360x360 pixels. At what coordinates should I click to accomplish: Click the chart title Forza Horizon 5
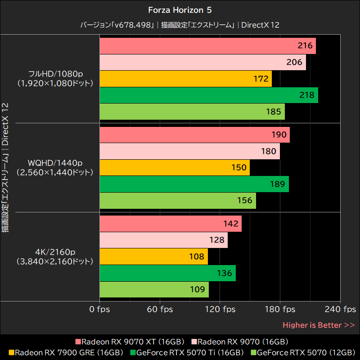click(x=180, y=9)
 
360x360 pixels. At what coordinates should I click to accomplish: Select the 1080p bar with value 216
click(x=207, y=46)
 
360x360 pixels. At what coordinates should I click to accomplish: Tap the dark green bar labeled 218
click(x=208, y=95)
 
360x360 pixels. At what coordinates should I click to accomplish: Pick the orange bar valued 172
click(x=185, y=79)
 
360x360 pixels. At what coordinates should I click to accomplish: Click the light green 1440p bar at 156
click(x=177, y=201)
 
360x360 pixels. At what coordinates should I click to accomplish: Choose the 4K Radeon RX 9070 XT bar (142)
click(x=170, y=224)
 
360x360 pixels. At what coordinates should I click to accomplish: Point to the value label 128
click(x=217, y=240)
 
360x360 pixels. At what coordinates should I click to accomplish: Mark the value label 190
click(x=279, y=135)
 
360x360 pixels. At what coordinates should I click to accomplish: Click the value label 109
click(x=198, y=289)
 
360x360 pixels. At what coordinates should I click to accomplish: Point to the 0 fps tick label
click(x=99, y=309)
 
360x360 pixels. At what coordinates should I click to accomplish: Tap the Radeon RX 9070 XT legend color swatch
click(x=78, y=342)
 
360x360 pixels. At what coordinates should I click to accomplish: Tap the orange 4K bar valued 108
click(x=153, y=256)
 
